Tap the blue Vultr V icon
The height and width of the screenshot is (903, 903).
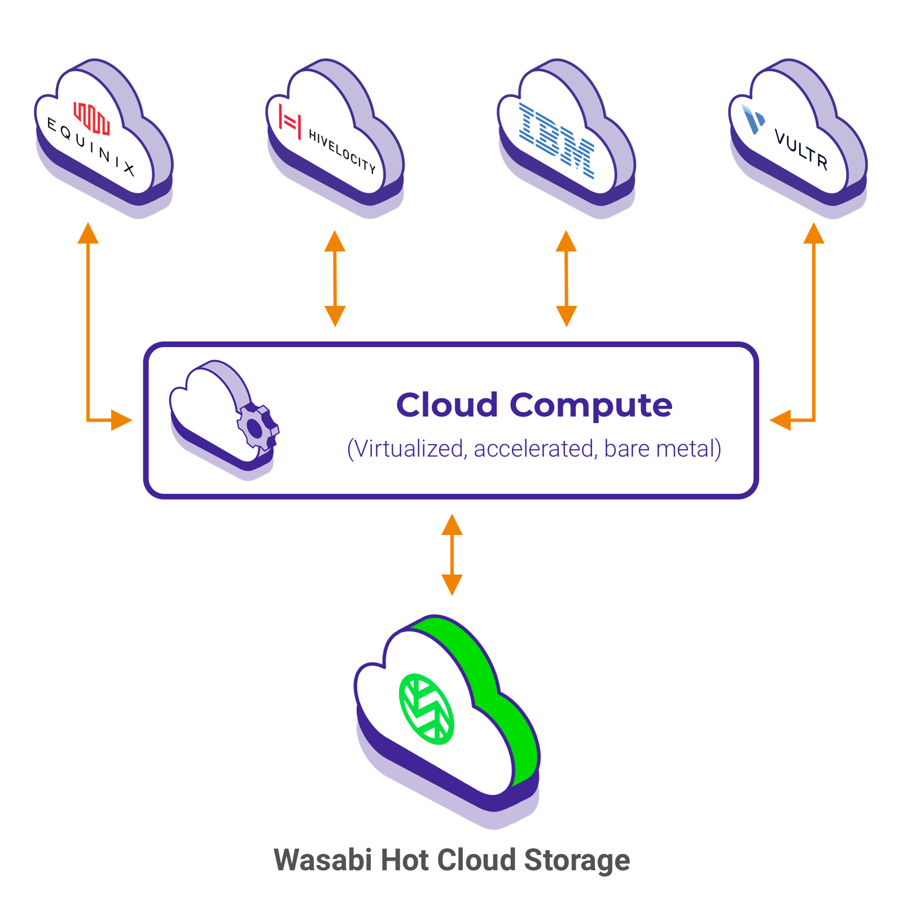click(x=753, y=119)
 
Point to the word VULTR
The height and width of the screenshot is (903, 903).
click(x=801, y=149)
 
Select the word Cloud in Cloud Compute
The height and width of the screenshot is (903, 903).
click(x=447, y=405)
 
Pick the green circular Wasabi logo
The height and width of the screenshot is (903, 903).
click(x=427, y=709)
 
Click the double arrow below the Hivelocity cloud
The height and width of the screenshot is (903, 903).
click(x=335, y=278)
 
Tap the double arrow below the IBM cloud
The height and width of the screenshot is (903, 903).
click(x=566, y=278)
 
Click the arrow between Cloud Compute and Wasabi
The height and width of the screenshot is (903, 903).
click(x=452, y=555)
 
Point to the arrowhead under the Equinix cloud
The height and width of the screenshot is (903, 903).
click(x=88, y=233)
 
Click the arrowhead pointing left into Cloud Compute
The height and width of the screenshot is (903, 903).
click(x=780, y=420)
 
